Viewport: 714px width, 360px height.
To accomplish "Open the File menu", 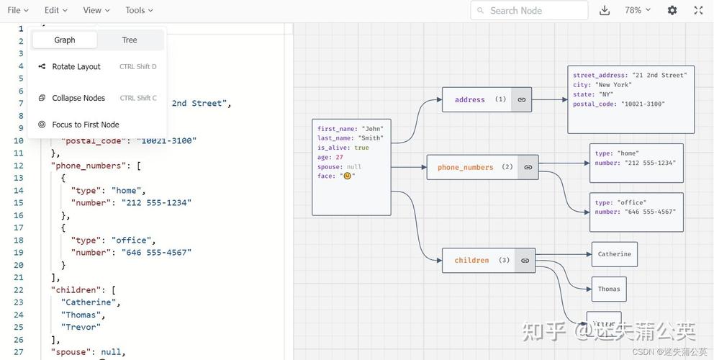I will pos(18,10).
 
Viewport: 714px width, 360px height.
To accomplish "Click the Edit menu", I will pos(55,10).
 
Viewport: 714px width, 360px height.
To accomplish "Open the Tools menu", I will pos(139,10).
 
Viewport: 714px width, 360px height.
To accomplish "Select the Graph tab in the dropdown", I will pos(65,40).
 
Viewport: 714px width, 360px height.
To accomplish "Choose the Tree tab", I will pos(130,40).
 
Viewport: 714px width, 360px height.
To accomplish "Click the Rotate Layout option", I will pos(76,67).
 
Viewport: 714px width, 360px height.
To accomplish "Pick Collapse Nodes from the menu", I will pos(78,98).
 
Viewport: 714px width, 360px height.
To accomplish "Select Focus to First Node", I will pos(85,125).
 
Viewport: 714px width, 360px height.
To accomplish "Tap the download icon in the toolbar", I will pos(605,11).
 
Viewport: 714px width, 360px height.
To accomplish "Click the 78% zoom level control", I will pos(637,10).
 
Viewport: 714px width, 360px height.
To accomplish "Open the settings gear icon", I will pos(672,10).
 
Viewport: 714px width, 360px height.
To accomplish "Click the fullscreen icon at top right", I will pos(698,10).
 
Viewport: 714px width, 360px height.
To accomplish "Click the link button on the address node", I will pos(522,100).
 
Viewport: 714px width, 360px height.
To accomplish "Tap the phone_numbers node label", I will pos(465,167).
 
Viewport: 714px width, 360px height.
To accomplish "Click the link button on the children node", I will pos(525,261).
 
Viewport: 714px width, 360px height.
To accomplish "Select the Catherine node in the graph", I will pos(614,254).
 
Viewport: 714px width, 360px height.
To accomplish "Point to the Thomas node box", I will pos(609,289).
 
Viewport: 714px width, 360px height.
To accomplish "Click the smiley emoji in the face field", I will pos(347,176).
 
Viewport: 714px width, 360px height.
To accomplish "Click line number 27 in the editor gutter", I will pos(19,352).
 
